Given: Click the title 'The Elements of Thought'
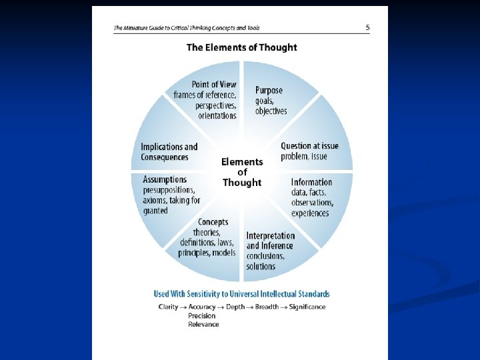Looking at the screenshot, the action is [x=241, y=47].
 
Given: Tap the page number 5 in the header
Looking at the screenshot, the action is [x=367, y=27].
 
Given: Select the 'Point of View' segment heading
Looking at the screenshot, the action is [x=214, y=85].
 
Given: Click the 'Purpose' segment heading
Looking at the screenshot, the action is [x=269, y=90].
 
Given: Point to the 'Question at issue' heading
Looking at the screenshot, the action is [x=309, y=146].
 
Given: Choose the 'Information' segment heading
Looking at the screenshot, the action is [x=311, y=182].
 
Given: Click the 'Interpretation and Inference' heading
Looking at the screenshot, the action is [x=270, y=241].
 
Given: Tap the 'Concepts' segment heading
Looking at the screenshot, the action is [x=213, y=222].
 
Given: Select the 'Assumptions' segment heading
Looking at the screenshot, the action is [x=165, y=179].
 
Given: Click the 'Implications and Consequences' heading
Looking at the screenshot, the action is [x=169, y=152].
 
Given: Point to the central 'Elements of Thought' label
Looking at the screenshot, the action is [x=242, y=172].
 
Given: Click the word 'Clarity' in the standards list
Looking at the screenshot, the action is [x=168, y=307].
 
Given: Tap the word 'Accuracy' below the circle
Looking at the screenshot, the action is [x=202, y=307].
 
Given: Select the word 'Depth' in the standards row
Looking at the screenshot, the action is [x=236, y=307].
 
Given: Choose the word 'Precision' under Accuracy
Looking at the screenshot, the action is [x=202, y=315].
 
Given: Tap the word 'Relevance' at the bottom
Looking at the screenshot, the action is [x=203, y=324].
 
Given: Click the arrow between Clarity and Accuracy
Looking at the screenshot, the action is [x=183, y=307].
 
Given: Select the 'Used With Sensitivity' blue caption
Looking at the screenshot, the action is [x=241, y=294].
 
